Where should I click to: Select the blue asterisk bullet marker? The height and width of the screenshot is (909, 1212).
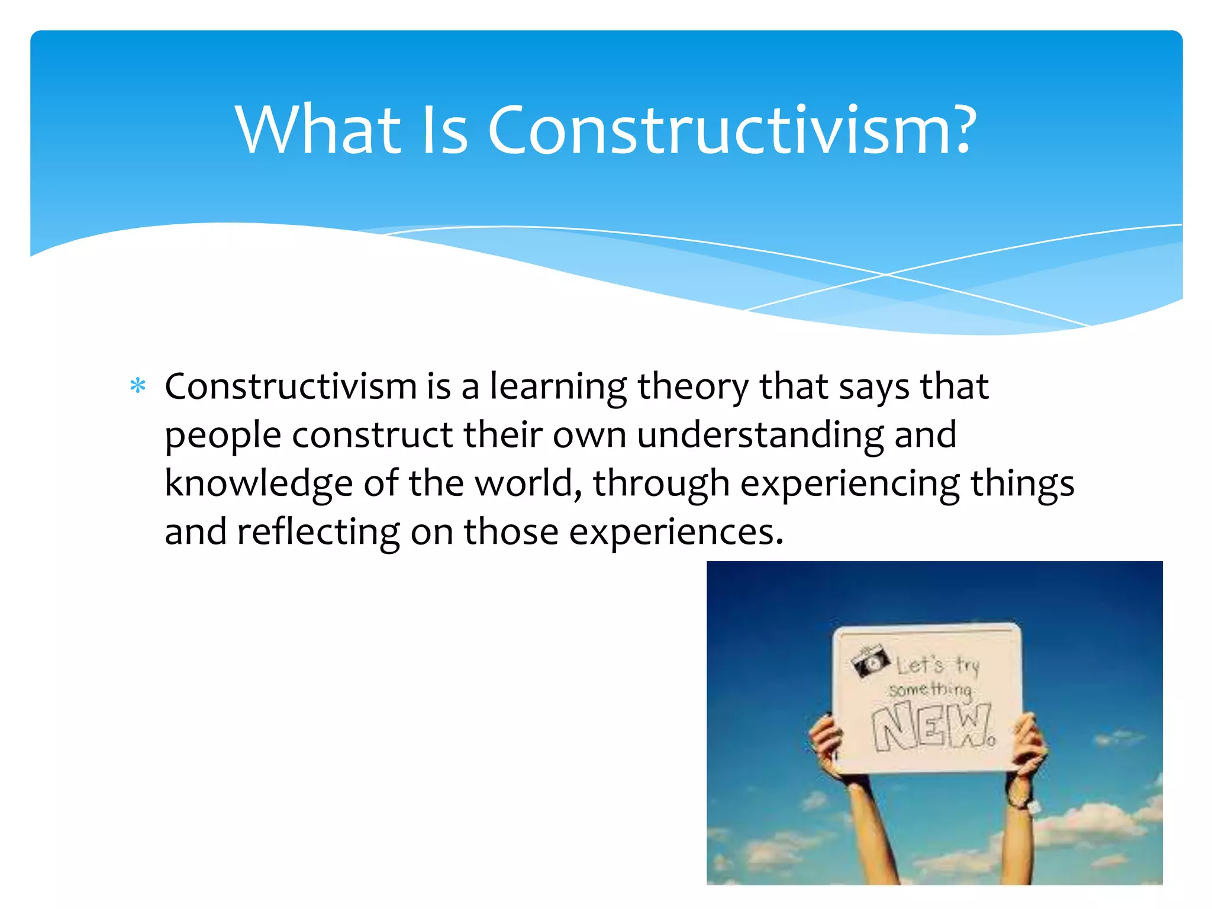(138, 386)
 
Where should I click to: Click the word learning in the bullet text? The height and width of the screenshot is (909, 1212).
(558, 388)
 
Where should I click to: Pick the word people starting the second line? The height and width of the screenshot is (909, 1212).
(223, 436)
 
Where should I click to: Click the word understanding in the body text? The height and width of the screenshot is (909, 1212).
(760, 436)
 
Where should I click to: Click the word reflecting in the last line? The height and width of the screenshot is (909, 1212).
(318, 532)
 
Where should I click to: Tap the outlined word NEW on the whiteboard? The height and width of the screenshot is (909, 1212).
(932, 727)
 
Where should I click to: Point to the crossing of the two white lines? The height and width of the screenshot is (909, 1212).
(886, 275)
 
